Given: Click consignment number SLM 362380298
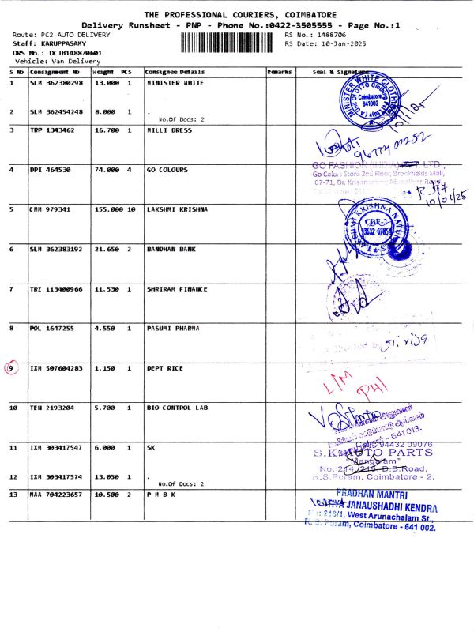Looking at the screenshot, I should tap(56, 82).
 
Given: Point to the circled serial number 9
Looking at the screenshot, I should tap(12, 367).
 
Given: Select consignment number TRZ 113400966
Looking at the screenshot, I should tap(56, 288).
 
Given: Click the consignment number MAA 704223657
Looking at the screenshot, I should tap(56, 494).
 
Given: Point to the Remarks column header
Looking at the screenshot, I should tap(280, 72).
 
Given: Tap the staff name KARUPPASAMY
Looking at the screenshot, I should tap(68, 44).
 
